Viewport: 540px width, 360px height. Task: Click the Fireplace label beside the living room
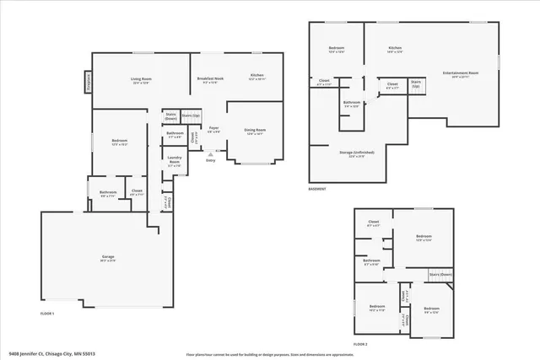[89, 82]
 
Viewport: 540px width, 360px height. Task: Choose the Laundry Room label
[175, 159]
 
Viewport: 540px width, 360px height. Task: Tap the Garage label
[109, 257]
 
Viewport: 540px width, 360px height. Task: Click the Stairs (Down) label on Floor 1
[171, 116]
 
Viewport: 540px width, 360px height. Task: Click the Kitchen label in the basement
[393, 48]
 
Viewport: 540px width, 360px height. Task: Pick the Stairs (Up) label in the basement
[416, 85]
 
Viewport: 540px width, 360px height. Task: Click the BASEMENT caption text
[317, 190]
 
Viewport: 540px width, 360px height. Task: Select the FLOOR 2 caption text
[360, 345]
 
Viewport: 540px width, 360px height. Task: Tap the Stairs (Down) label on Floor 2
[440, 275]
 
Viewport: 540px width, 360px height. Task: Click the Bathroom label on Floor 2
[372, 262]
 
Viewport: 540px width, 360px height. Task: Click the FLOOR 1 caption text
[47, 314]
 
